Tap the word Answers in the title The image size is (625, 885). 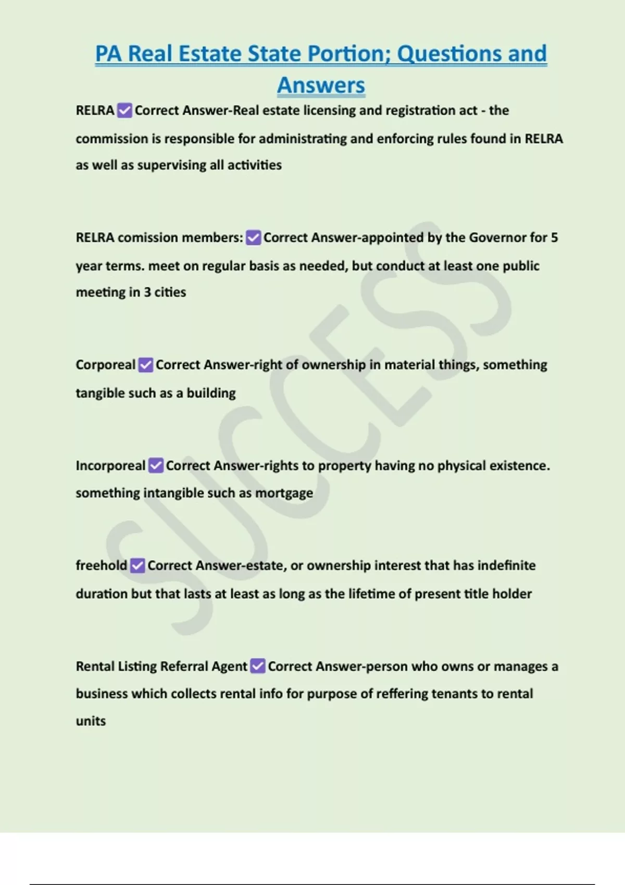tap(321, 85)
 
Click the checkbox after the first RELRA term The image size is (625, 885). tap(124, 110)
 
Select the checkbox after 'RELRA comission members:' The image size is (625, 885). tap(254, 238)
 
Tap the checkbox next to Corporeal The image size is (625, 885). tap(146, 365)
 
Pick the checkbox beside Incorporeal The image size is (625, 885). tap(156, 465)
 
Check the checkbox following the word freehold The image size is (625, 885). tap(137, 565)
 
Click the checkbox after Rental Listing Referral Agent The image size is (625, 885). tap(258, 666)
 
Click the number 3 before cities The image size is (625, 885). tap(147, 292)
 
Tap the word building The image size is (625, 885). tap(211, 393)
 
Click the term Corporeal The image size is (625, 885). tap(105, 365)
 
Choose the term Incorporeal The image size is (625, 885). tap(110, 465)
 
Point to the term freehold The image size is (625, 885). tap(101, 565)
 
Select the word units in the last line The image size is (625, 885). tap(91, 721)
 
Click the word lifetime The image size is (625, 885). tap(372, 594)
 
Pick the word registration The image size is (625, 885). tap(418, 110)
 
